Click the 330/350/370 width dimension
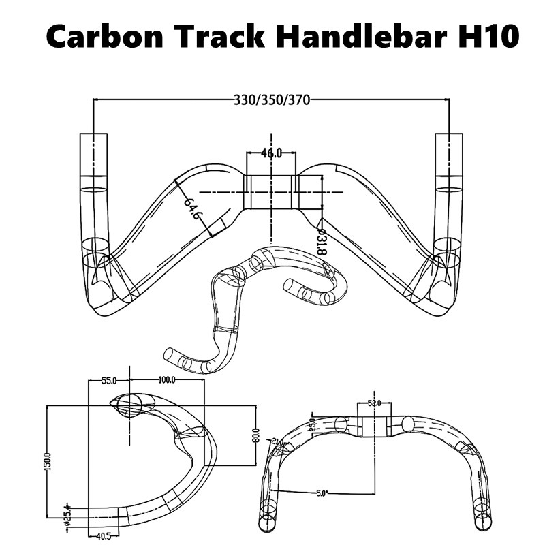[272, 100]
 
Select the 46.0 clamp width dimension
[271, 153]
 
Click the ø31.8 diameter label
[322, 242]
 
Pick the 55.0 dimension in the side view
[110, 380]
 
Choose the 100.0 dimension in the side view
[167, 380]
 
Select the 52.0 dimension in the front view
[375, 403]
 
